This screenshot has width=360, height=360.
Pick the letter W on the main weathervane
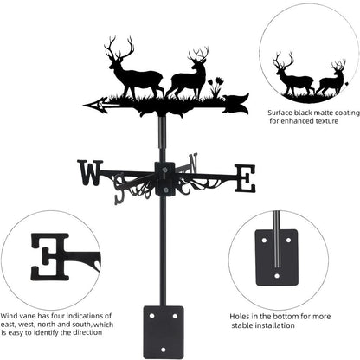point(89,174)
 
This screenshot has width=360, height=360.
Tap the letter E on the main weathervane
point(246,178)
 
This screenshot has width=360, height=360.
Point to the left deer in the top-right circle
point(290,76)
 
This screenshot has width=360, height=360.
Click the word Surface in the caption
point(280,112)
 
